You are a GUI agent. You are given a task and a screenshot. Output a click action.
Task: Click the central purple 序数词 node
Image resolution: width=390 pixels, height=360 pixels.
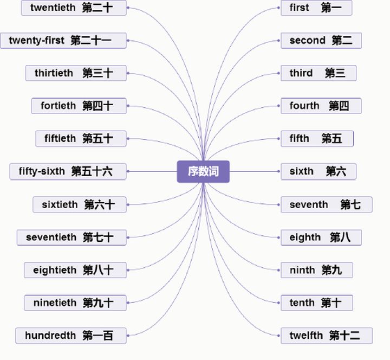pyautogui.click(x=203, y=171)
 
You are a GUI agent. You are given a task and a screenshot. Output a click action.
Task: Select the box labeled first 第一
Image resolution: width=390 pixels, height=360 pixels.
pyautogui.click(x=316, y=8)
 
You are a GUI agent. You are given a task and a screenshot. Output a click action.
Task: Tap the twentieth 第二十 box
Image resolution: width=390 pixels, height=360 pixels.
pyautogui.click(x=74, y=8)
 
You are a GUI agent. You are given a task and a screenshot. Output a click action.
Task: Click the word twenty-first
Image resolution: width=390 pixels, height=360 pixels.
pyautogui.click(x=37, y=41)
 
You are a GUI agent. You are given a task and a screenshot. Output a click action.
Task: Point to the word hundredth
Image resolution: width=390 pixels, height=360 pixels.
pyautogui.click(x=50, y=336)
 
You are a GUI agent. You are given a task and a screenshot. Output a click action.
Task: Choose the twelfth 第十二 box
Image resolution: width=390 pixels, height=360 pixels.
pyautogui.click(x=327, y=336)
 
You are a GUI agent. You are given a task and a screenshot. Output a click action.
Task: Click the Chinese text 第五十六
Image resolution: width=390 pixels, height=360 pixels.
pyautogui.click(x=92, y=171)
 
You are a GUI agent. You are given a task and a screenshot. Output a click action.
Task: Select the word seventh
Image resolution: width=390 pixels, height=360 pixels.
pyautogui.click(x=309, y=204)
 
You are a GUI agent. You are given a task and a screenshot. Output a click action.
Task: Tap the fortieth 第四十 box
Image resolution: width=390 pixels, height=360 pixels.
pyautogui.click(x=79, y=106)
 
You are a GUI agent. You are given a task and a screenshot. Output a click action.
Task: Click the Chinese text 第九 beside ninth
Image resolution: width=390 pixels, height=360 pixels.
pyautogui.click(x=331, y=270)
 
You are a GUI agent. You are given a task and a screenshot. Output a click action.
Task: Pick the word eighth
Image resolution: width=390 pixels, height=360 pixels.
pyautogui.click(x=305, y=237)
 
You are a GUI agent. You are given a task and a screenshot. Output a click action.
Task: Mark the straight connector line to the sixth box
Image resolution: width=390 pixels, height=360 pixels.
pyautogui.click(x=254, y=171)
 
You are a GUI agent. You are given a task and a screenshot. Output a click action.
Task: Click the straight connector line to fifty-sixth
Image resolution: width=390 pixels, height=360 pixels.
pyautogui.click(x=153, y=171)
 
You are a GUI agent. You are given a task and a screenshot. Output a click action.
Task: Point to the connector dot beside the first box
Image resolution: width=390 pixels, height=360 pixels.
pyautogui.click(x=278, y=8)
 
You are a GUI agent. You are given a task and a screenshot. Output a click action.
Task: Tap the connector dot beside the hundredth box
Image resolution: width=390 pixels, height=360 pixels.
pyautogui.click(x=128, y=336)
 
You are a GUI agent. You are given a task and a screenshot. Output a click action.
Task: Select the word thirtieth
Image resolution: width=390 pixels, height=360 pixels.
pyautogui.click(x=54, y=73)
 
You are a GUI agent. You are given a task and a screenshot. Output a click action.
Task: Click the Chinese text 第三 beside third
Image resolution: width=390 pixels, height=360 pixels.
pyautogui.click(x=335, y=73)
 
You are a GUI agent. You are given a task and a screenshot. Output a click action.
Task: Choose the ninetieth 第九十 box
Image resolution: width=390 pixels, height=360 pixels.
pyautogui.click(x=75, y=303)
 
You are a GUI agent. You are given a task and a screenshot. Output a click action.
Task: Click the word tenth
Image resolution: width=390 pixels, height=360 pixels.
pyautogui.click(x=302, y=303)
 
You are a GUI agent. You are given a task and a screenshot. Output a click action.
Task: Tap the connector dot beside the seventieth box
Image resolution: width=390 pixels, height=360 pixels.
pyautogui.click(x=128, y=237)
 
